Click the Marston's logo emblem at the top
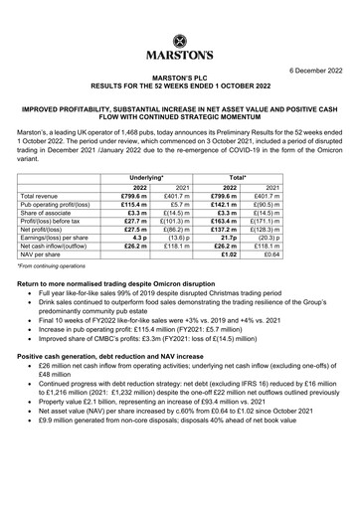click(179, 17)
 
